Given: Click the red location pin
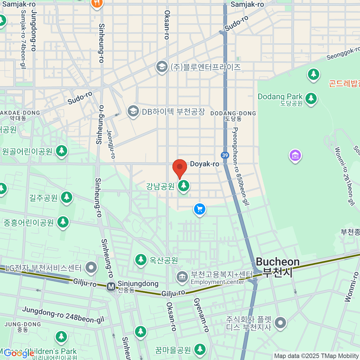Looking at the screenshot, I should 180,167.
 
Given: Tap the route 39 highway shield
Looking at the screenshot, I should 225,155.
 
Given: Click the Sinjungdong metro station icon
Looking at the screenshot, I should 111,287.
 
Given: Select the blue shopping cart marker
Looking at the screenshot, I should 199,209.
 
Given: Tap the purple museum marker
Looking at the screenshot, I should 295,155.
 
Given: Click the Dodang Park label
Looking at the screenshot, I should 280,97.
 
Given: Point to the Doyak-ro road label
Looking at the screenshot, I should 205,164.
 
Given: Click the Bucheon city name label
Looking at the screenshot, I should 277,262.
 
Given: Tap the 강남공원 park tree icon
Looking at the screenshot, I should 183,186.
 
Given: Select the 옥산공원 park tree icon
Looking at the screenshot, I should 141,259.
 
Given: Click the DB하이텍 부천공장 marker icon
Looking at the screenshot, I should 133,112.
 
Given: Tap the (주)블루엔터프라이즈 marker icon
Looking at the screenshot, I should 162,67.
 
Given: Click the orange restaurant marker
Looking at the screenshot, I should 97,4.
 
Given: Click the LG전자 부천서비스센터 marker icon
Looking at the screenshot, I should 91,267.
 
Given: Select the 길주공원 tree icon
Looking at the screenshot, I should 67,197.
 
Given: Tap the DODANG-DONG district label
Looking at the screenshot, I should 233,113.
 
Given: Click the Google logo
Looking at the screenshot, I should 19,354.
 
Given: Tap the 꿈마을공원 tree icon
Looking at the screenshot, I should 199,349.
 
